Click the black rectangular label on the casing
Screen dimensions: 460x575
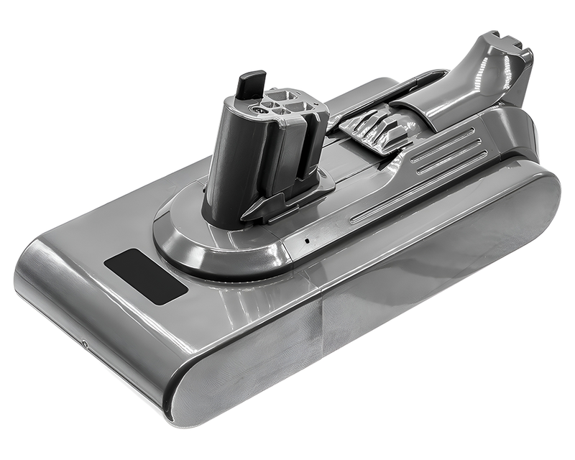[x=145, y=277]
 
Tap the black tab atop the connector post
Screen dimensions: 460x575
[x=249, y=85]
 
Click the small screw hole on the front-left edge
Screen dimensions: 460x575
[x=85, y=344]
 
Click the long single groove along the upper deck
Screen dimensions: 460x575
[x=402, y=190]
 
